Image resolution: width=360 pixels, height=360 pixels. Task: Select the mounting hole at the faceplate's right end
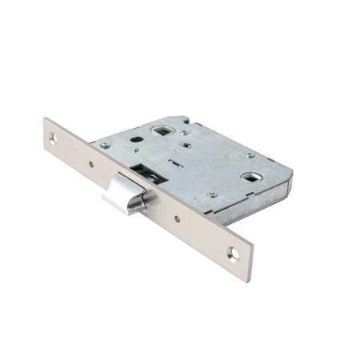tap(233, 254)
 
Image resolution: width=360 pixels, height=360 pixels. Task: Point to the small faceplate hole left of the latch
tap(90, 165)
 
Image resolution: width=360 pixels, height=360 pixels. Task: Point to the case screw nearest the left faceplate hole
tap(105, 145)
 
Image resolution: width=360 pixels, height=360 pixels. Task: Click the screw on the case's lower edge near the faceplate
tap(211, 194)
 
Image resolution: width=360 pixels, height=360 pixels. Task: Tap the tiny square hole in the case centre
tap(185, 147)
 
